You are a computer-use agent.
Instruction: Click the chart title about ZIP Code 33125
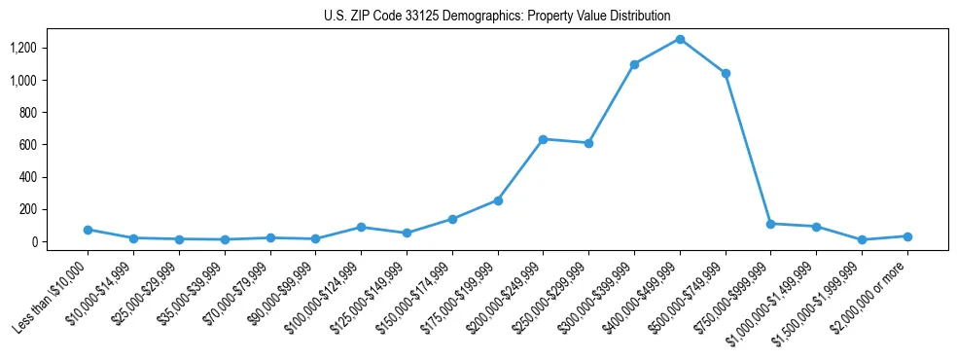pyautogui.click(x=497, y=17)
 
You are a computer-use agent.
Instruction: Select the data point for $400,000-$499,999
pyautogui.click(x=680, y=39)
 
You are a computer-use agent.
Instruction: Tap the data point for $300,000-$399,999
pyautogui.click(x=634, y=64)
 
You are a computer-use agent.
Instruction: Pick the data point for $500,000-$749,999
pyautogui.click(x=726, y=73)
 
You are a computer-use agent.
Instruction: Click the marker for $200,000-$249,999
pyautogui.click(x=543, y=139)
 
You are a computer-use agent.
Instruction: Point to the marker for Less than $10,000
pyautogui.click(x=88, y=230)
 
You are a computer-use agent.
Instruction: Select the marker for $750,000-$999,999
pyautogui.click(x=770, y=224)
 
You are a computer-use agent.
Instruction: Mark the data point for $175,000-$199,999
pyautogui.click(x=498, y=200)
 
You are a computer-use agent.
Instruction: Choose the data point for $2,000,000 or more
pyautogui.click(x=907, y=236)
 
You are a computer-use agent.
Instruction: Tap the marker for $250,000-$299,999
pyautogui.click(x=588, y=143)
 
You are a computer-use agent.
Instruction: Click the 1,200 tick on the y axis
pyautogui.click(x=37, y=48)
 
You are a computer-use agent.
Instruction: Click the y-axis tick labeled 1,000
pyautogui.click(x=37, y=80)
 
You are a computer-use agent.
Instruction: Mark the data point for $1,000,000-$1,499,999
pyautogui.click(x=816, y=227)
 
